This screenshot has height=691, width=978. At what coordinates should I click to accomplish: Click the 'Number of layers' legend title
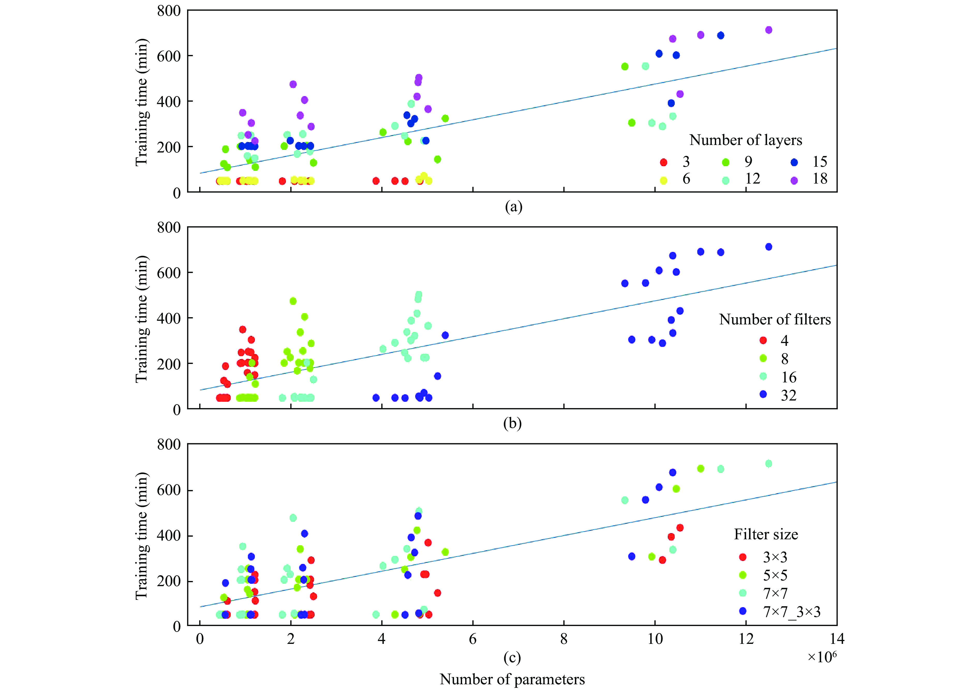click(x=745, y=140)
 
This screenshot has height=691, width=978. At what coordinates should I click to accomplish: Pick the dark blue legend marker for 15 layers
click(x=794, y=162)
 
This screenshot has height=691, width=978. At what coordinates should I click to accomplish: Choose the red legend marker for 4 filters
click(x=763, y=340)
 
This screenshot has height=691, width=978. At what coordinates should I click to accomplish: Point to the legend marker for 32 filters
click(x=763, y=394)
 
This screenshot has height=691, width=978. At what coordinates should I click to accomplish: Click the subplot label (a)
click(x=513, y=207)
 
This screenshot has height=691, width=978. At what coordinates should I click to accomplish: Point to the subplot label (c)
click(x=512, y=658)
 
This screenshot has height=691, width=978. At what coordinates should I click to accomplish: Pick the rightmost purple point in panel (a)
click(x=768, y=30)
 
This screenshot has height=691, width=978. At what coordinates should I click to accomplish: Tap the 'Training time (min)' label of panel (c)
click(x=142, y=536)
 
